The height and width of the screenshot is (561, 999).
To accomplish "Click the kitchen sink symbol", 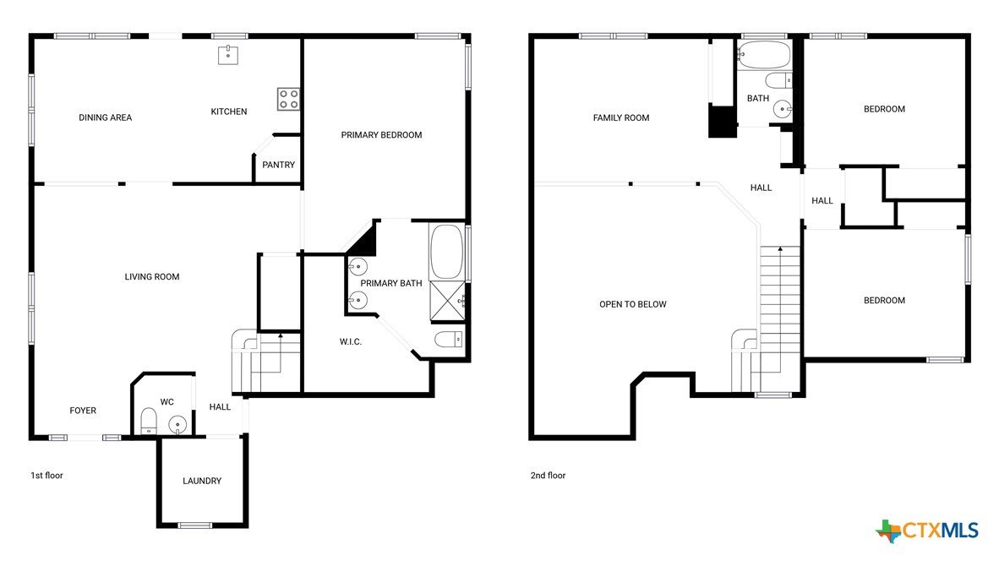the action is click(228, 55).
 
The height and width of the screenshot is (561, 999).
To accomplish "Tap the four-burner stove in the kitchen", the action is click(288, 99).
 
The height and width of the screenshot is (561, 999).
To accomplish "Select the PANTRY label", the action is click(278, 164).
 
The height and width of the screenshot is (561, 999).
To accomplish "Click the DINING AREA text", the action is click(105, 117).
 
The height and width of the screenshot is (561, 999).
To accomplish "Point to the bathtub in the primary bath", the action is click(446, 251).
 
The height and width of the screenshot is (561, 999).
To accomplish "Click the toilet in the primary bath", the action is click(449, 339).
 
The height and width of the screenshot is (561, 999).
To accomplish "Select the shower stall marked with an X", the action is click(447, 300).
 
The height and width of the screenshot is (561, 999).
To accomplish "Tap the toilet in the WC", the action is click(149, 421).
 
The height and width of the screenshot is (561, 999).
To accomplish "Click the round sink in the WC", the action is click(177, 423).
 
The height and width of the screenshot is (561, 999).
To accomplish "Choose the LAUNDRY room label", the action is click(202, 481).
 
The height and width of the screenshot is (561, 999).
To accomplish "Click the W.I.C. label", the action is click(351, 342).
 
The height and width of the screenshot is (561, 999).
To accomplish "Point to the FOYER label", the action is click(83, 411).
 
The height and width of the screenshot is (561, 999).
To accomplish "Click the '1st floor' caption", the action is click(47, 475).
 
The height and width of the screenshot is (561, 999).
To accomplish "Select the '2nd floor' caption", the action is click(548, 475).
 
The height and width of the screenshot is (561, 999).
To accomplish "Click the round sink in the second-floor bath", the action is click(783, 110).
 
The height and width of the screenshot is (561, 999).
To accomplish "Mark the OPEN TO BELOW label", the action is click(633, 304).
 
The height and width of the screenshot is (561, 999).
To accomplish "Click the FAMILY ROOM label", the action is click(621, 117).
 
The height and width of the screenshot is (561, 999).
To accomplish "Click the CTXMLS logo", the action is click(927, 531).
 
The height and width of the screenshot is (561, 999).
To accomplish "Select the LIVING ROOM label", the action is click(151, 276).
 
